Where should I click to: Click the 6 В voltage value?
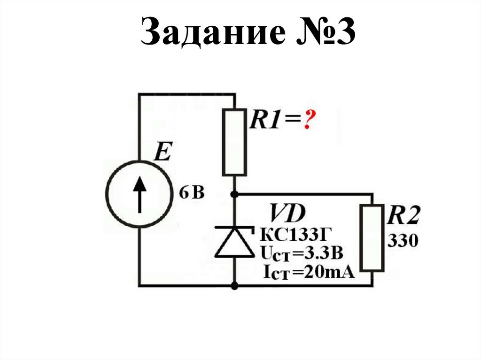pyautogui.click(x=192, y=193)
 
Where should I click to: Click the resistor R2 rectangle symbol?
pyautogui.click(x=373, y=237)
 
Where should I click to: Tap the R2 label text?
pyautogui.click(x=402, y=217)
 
